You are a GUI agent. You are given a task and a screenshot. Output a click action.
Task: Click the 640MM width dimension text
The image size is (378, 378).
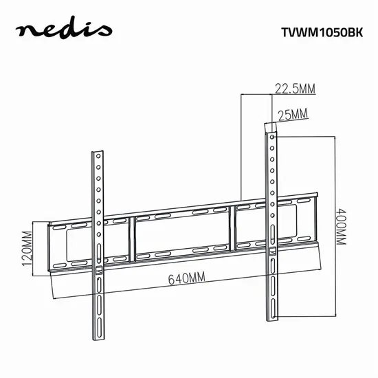pyautogui.click(x=186, y=279)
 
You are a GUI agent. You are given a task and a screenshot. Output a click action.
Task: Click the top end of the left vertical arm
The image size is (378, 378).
pyautogui.click(x=98, y=151)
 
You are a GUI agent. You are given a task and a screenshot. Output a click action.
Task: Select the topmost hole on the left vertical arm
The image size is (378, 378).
pyautogui.click(x=99, y=157)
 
